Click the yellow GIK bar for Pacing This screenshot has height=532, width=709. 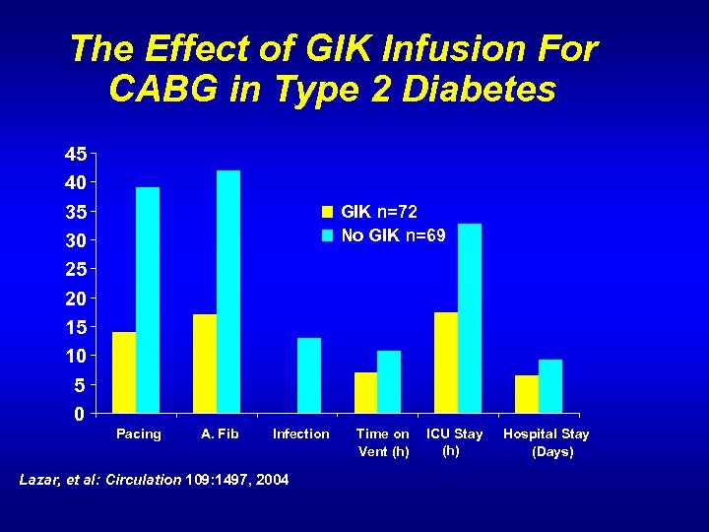pyautogui.click(x=124, y=372)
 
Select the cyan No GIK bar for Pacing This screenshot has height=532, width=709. pyautogui.click(x=148, y=299)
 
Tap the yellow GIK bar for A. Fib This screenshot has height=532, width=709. pyautogui.click(x=205, y=364)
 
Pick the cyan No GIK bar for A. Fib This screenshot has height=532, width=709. pyautogui.click(x=228, y=292)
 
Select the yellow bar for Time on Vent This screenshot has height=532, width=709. pyautogui.click(x=365, y=392)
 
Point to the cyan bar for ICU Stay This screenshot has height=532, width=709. pyautogui.click(x=470, y=318)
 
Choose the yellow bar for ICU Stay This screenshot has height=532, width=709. pyautogui.click(x=446, y=363)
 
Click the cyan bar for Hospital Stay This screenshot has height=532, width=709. pyautogui.click(x=550, y=386)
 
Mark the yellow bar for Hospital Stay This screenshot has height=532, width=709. pyautogui.click(x=527, y=394)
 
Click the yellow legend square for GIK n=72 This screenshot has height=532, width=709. pyautogui.click(x=328, y=211)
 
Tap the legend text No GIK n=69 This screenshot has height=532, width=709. pyautogui.click(x=393, y=235)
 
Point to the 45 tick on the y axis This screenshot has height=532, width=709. pyautogui.click(x=76, y=154)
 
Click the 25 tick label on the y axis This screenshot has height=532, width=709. pyautogui.click(x=76, y=269)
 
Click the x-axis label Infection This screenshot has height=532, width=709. pyautogui.click(x=301, y=434)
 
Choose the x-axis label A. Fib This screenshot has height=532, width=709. pyautogui.click(x=220, y=434)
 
